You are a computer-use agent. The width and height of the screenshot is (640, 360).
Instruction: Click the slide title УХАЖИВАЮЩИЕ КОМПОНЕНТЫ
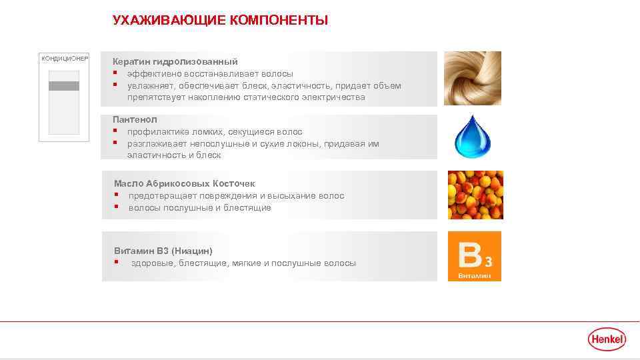pyautogui.click(x=220, y=21)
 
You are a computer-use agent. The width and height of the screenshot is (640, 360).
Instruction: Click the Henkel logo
pyautogui.click(x=607, y=339)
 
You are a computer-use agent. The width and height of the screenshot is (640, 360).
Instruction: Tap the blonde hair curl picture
pyautogui.click(x=473, y=78)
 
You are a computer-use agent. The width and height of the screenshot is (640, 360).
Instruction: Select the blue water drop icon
pyautogui.click(x=472, y=137)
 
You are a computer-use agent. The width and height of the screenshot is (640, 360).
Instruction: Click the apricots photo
pyautogui.click(x=475, y=195)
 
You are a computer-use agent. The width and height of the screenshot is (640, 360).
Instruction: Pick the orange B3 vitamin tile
pyautogui.click(x=474, y=256)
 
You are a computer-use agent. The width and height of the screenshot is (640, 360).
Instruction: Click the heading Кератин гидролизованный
pyautogui.click(x=175, y=61)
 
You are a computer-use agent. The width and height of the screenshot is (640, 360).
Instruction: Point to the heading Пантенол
pyautogui.click(x=135, y=119)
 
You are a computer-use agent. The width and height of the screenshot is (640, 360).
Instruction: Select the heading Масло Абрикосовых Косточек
pyautogui.click(x=185, y=183)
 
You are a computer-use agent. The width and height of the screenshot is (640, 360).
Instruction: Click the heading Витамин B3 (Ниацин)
pyautogui.click(x=163, y=251)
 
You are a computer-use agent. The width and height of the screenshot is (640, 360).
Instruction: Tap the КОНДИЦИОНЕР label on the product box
pyautogui.click(x=65, y=59)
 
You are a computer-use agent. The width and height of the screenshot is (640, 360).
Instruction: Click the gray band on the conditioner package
pyautogui.click(x=64, y=85)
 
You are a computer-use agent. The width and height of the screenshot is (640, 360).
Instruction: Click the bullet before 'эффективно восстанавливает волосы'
pyautogui.click(x=115, y=73)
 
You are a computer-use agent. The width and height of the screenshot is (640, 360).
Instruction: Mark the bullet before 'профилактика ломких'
pyautogui.click(x=115, y=131)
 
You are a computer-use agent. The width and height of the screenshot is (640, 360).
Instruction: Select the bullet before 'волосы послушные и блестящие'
pyautogui.click(x=116, y=207)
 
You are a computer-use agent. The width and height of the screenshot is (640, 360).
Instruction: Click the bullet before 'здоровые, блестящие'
pyautogui.click(x=116, y=263)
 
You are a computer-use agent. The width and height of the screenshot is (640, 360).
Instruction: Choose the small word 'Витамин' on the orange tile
pyautogui.click(x=473, y=275)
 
